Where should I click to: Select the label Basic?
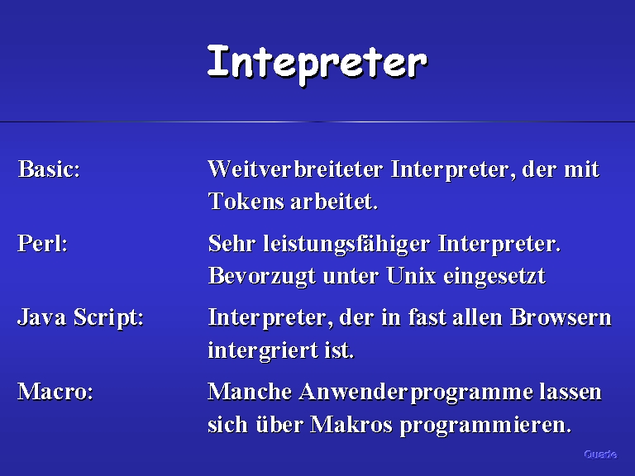coord(49,169)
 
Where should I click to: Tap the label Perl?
coord(42,243)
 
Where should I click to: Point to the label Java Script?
coord(80,317)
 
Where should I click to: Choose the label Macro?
coord(55,392)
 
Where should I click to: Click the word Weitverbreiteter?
coord(295,169)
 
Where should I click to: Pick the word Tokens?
coord(246,201)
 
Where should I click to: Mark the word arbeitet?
coord(335,201)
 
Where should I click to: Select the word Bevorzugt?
coord(261,277)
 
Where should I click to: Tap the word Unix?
coord(411,276)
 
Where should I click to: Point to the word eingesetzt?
coord(494,277)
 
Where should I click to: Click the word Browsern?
coord(561,317)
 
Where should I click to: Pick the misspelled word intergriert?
coord(263,350)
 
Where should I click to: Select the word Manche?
coord(250,392)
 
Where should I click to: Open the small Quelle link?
coord(600,455)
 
